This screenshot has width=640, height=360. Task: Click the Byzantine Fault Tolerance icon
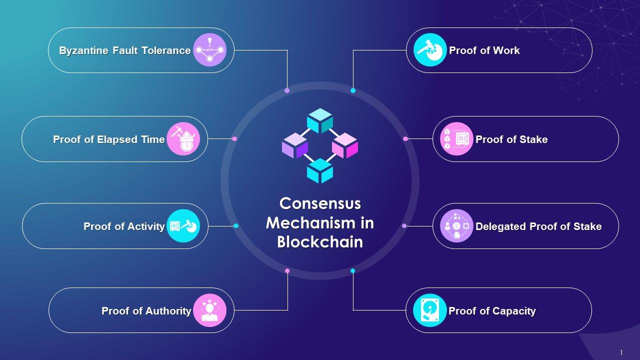tap(209, 50)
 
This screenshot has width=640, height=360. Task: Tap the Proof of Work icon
tap(430, 50)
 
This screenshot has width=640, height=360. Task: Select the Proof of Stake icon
tap(456, 139)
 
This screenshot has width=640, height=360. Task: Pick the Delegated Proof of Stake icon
tap(456, 226)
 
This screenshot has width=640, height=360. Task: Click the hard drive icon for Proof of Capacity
tap(430, 310)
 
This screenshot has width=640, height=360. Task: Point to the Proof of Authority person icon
tap(209, 310)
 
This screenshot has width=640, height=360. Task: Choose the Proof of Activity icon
tap(183, 226)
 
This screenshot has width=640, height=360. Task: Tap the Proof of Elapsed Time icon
tap(183, 139)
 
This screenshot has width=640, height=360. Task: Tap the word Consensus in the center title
tap(320, 203)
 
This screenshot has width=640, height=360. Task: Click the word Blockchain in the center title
tap(320, 242)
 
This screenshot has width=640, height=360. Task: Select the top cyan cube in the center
tap(320, 120)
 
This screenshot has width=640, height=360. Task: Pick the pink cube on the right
tap(345, 145)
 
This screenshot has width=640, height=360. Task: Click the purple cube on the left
tap(295, 145)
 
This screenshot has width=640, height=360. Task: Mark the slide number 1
tap(621, 352)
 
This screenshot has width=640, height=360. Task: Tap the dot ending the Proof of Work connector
tap(353, 90)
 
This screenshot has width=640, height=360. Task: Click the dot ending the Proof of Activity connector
tap(236, 226)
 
